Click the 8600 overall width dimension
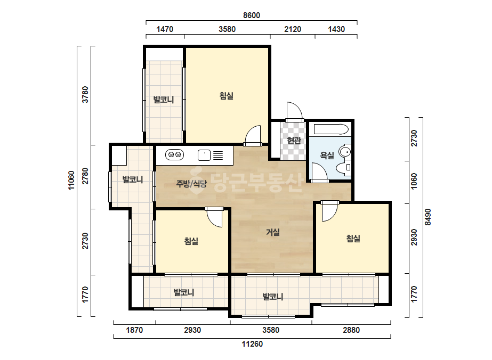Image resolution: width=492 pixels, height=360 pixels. (x=252, y=15)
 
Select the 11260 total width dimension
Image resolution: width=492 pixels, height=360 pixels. (x=252, y=344)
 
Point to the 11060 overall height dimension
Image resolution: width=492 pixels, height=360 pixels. (x=71, y=181)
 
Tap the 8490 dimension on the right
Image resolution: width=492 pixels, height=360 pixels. (x=428, y=217)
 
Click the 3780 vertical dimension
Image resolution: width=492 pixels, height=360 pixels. (x=85, y=95)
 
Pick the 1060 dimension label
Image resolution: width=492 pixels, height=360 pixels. (x=414, y=181)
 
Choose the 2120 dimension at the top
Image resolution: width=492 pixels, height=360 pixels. (x=293, y=29)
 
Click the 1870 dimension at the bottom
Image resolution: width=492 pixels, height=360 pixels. (x=134, y=330)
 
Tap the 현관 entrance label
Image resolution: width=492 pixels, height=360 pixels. (x=294, y=141)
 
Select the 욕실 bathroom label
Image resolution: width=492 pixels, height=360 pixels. (x=327, y=155)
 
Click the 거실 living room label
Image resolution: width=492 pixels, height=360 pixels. (x=273, y=232)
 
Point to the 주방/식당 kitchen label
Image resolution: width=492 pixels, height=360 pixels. (x=191, y=184)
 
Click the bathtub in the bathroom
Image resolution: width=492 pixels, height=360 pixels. (x=332, y=130)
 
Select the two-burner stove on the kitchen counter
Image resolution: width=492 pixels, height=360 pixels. (x=174, y=154)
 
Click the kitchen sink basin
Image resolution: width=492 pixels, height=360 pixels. (x=204, y=155)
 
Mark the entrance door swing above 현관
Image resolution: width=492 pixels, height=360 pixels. (x=294, y=112)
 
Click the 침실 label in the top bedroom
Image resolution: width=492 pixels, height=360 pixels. (x=226, y=96)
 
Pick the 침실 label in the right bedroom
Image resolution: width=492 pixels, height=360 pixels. (x=353, y=239)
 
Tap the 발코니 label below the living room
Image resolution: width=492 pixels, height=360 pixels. (x=273, y=297)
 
